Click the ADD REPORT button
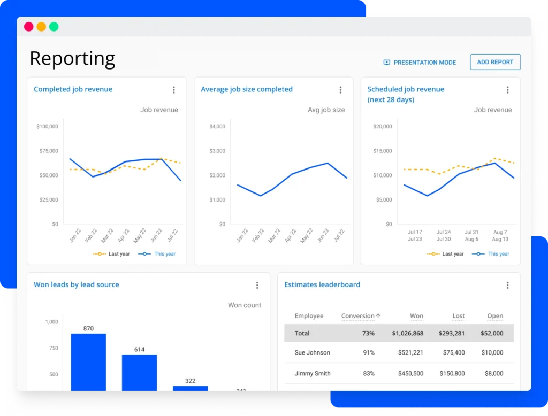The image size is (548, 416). pyautogui.click(x=495, y=62)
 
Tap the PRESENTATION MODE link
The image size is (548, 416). pyautogui.click(x=420, y=63)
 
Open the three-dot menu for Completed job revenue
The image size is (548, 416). pyautogui.click(x=173, y=90)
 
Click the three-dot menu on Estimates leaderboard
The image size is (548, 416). pyautogui.click(x=507, y=286)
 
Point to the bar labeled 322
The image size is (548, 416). pyautogui.click(x=190, y=388)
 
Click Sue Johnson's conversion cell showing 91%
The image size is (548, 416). pyautogui.click(x=368, y=353)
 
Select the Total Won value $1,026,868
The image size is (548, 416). pyautogui.click(x=407, y=333)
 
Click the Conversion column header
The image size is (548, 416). pyautogui.click(x=361, y=316)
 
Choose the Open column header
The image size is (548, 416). pyautogui.click(x=495, y=316)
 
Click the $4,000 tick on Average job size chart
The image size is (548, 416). pyautogui.click(x=217, y=127)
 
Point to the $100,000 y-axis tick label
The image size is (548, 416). pyautogui.click(x=47, y=127)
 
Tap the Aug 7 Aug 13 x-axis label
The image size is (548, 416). pyautogui.click(x=500, y=236)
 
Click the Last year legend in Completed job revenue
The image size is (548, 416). pyautogui.click(x=112, y=254)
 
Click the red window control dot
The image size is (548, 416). pyautogui.click(x=29, y=27)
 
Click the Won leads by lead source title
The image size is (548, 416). pyautogui.click(x=77, y=285)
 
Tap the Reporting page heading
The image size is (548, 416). pyautogui.click(x=72, y=58)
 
